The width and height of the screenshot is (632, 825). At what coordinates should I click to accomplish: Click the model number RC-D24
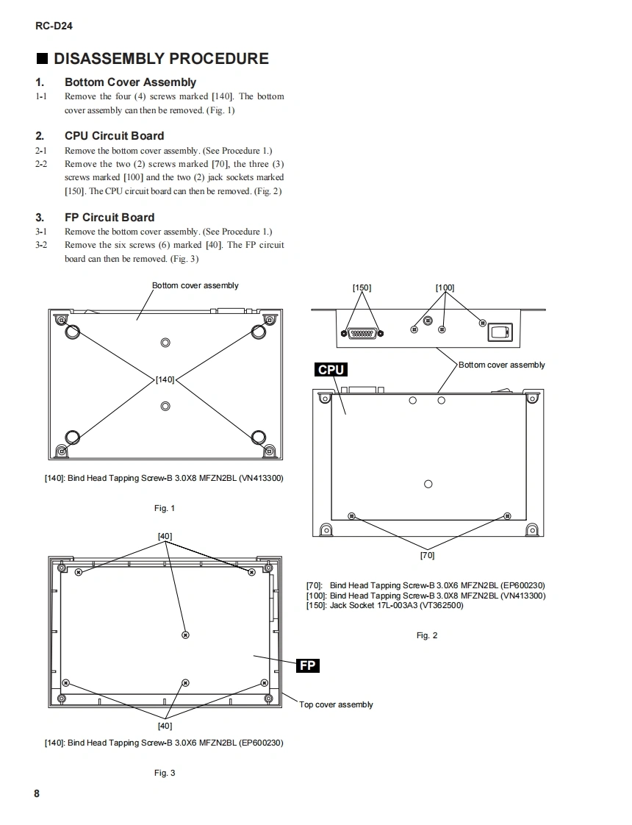coord(54,26)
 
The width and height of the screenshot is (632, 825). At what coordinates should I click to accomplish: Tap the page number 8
coord(37,794)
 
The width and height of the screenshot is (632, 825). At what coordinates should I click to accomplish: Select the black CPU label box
coord(331,369)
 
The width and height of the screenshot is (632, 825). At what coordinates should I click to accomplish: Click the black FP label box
coord(308,665)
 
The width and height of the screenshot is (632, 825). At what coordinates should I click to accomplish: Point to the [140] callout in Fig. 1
coord(165,379)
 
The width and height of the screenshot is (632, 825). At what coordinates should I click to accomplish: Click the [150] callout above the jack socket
coord(362,287)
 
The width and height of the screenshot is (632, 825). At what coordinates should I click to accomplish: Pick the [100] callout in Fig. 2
coord(445,287)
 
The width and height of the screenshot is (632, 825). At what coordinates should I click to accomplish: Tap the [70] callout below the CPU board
coord(427,555)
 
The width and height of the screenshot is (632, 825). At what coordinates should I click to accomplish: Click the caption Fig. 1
coord(165,508)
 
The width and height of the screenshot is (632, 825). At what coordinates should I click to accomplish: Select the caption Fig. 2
coord(427,635)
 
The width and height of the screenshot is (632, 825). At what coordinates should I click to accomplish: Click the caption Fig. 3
coord(165,773)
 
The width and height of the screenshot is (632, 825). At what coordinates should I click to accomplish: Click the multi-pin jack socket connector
coord(362,333)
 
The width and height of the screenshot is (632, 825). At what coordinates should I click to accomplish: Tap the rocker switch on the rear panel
coord(500,333)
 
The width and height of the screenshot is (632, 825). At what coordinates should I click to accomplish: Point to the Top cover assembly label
coord(336,704)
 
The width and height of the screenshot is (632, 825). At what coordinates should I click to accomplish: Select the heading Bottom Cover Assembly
coord(130,82)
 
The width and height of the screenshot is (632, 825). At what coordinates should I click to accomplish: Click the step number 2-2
coord(41,164)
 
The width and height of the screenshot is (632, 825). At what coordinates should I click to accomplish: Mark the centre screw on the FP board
coord(185,634)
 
